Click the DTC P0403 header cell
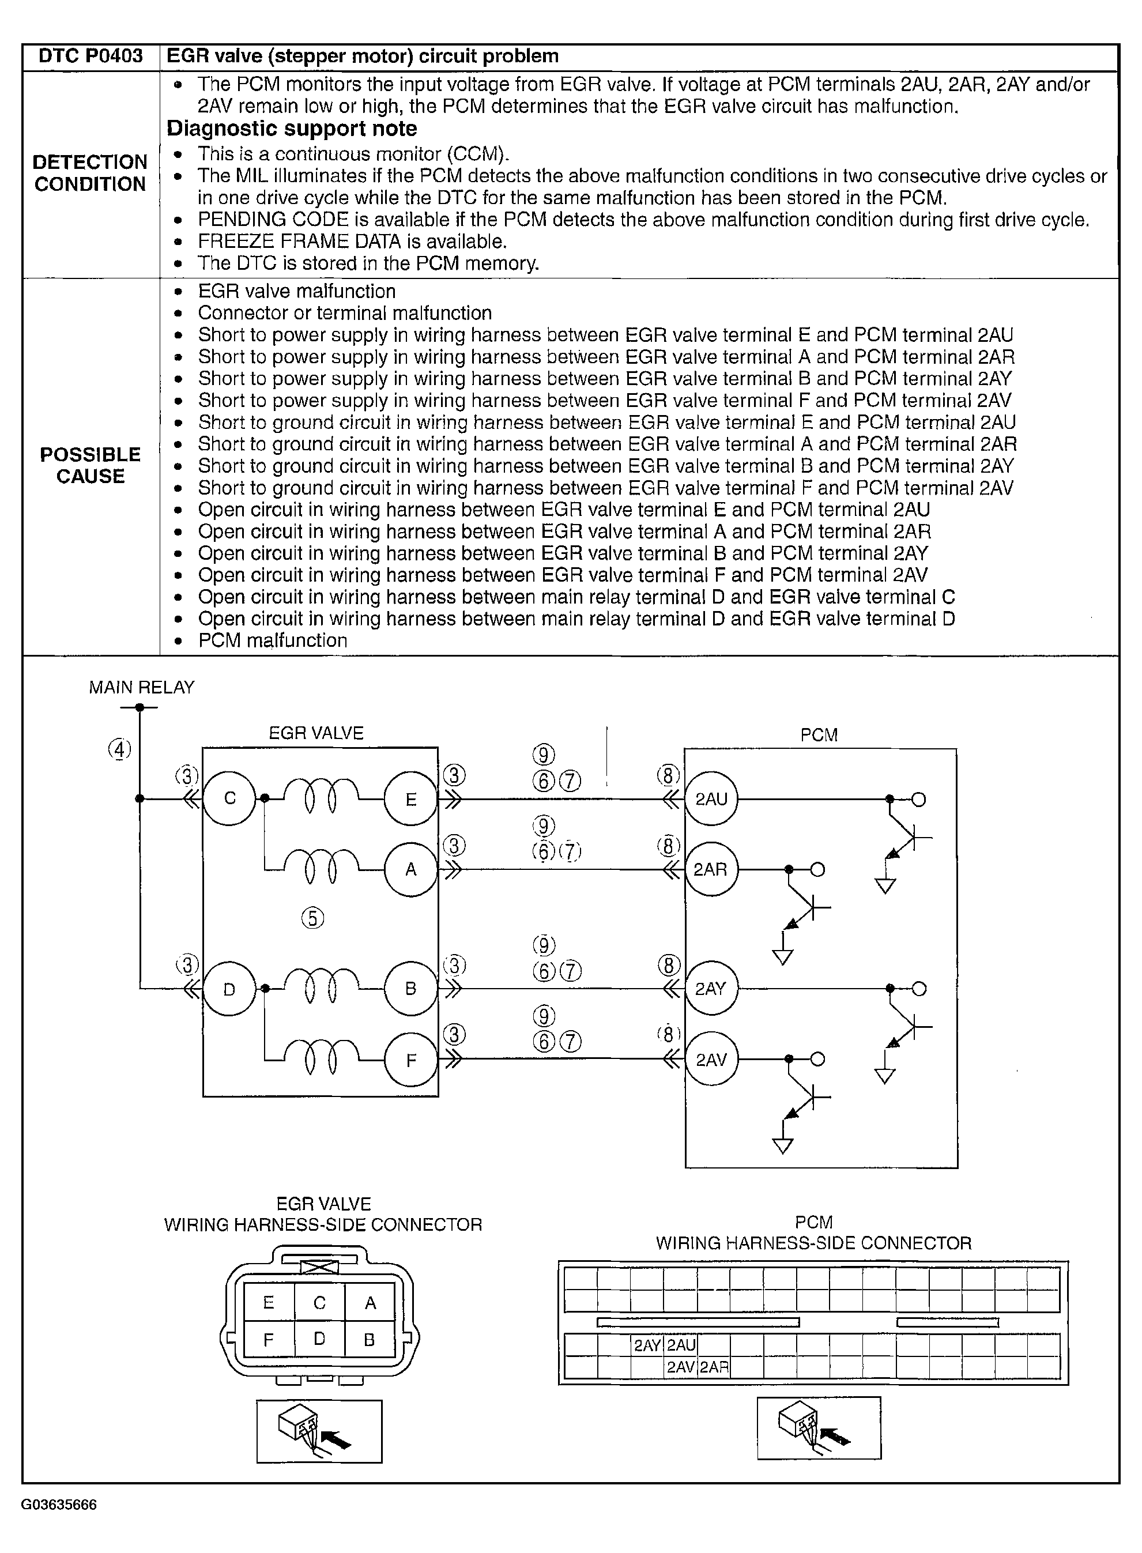point(91,56)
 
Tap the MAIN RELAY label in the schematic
point(142,687)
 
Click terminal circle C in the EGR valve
point(229,799)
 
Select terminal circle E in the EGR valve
point(410,800)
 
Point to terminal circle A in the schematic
point(410,869)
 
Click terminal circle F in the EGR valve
point(410,1060)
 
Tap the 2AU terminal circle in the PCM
point(711,800)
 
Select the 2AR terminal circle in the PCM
point(711,869)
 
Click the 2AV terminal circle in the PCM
point(711,1060)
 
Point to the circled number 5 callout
point(312,918)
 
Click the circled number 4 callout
point(119,749)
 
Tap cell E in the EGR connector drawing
point(269,1303)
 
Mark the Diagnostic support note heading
point(292,129)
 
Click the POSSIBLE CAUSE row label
point(91,465)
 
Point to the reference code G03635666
point(59,1505)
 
